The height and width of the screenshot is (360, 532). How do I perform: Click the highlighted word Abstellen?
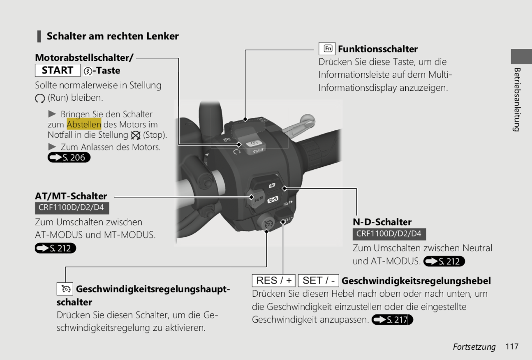click(84, 124)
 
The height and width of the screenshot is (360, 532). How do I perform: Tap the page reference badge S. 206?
click(69, 157)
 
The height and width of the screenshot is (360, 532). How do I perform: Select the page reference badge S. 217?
click(392, 320)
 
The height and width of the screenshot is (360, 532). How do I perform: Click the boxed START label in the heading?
click(58, 70)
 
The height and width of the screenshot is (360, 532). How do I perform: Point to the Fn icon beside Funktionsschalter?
click(327, 48)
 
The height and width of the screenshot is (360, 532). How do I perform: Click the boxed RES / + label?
click(273, 280)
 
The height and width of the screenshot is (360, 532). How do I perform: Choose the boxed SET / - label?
click(319, 280)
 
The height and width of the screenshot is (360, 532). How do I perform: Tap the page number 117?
click(512, 346)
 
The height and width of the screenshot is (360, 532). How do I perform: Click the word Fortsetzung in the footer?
click(474, 347)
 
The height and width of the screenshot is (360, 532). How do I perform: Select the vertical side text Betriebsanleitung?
click(517, 100)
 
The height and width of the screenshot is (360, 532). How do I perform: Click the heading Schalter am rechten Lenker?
click(113, 36)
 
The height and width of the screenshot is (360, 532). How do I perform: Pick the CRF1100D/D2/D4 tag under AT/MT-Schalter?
click(72, 208)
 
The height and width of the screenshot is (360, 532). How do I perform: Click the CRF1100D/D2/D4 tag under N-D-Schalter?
click(389, 234)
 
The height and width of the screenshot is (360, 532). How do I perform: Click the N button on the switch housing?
click(272, 185)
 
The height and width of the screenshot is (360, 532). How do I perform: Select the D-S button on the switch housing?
click(273, 199)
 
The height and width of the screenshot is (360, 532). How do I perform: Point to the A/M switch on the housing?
click(256, 198)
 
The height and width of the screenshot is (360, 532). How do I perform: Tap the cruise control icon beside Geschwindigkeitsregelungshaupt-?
click(65, 289)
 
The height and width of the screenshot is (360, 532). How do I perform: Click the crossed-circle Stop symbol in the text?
click(136, 135)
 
